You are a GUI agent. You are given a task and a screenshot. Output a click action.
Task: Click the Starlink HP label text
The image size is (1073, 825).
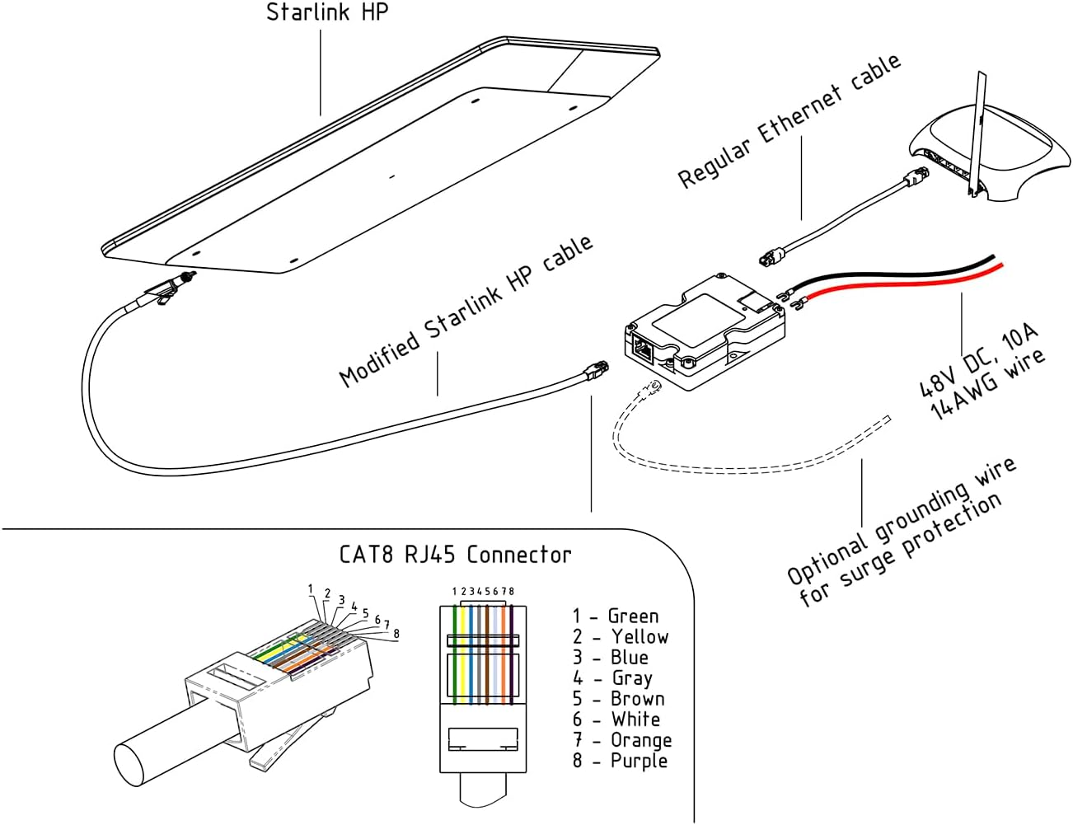[326, 13]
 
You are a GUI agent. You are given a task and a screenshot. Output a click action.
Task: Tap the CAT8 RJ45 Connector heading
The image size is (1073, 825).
[455, 555]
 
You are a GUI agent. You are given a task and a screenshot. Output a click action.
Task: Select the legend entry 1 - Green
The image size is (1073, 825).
[616, 616]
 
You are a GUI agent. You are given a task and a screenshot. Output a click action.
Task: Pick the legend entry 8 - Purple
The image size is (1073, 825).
[620, 761]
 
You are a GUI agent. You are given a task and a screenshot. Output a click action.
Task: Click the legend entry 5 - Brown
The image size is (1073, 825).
[618, 699]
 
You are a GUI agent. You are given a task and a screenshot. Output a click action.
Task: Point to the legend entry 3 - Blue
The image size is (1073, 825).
[611, 658]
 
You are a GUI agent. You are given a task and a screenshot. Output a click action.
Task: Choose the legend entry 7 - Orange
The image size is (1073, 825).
[622, 740]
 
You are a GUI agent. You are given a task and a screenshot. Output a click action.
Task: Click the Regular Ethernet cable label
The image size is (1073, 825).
[789, 121]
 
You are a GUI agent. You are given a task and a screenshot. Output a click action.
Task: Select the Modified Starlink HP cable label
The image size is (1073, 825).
[466, 311]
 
